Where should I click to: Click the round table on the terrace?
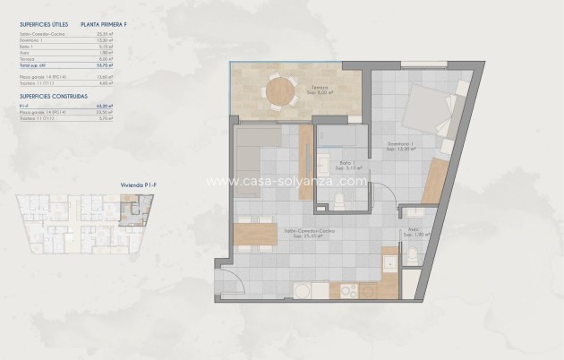278,91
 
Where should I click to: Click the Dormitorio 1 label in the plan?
400,145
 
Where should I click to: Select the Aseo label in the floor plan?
413,232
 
